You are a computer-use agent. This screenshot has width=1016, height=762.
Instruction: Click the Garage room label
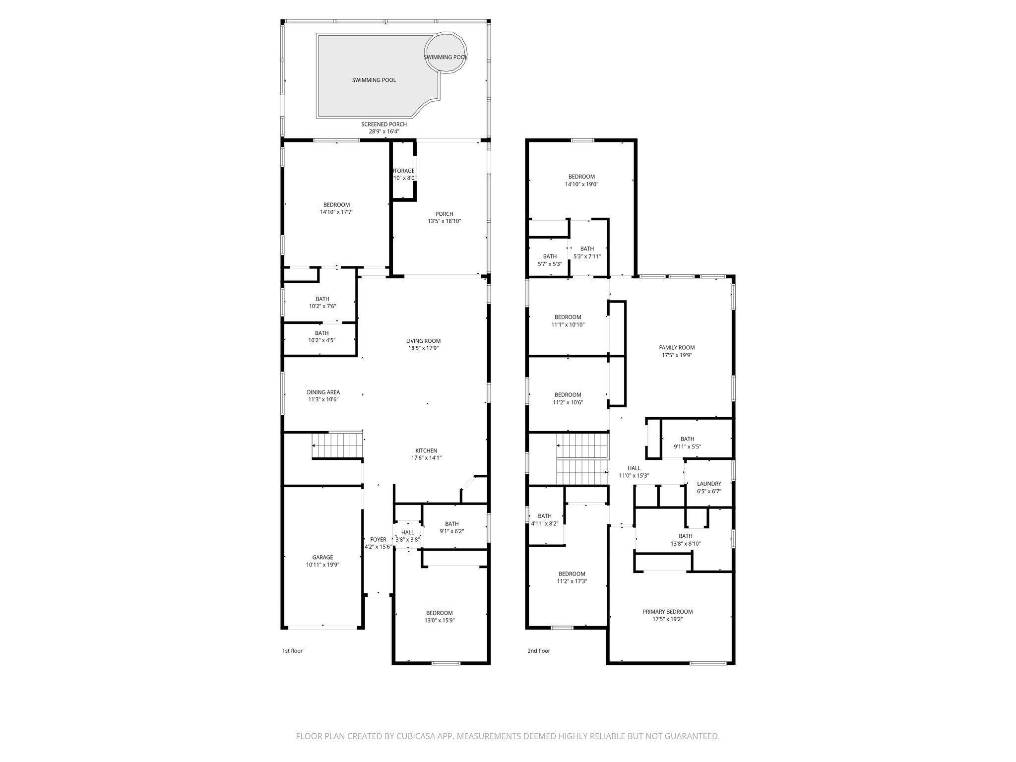click(x=322, y=557)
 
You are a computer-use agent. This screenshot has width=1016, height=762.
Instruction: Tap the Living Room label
click(x=423, y=341)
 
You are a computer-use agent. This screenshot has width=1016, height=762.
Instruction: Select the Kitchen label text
click(x=426, y=450)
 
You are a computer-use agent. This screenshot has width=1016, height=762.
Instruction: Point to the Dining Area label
click(x=323, y=392)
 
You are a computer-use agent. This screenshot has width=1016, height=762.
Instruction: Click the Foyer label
click(x=378, y=539)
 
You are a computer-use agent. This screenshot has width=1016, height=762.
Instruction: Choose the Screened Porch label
click(x=383, y=124)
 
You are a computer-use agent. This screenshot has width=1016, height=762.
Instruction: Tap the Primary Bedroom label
click(x=667, y=612)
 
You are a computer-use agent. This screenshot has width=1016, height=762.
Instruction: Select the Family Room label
click(x=677, y=348)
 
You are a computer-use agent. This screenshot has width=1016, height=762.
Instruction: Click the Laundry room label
click(x=709, y=484)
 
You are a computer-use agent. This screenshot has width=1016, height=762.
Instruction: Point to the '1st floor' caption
click(x=292, y=651)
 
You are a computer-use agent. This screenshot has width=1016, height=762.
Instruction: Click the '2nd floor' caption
click(x=538, y=651)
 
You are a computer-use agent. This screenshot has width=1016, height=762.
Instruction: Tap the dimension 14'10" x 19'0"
click(x=581, y=184)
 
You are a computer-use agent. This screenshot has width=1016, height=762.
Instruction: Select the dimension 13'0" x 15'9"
click(x=439, y=620)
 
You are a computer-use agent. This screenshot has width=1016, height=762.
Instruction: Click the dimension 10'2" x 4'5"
click(x=321, y=340)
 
